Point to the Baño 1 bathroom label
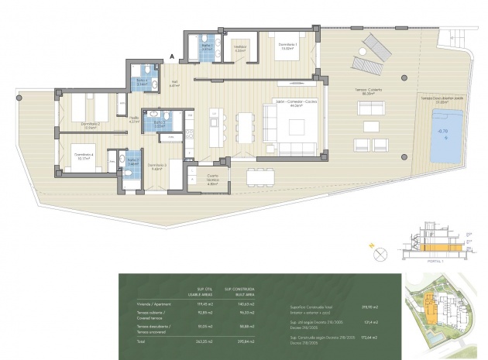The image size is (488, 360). tap(205, 47)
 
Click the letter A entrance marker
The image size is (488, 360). tap(172, 55)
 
